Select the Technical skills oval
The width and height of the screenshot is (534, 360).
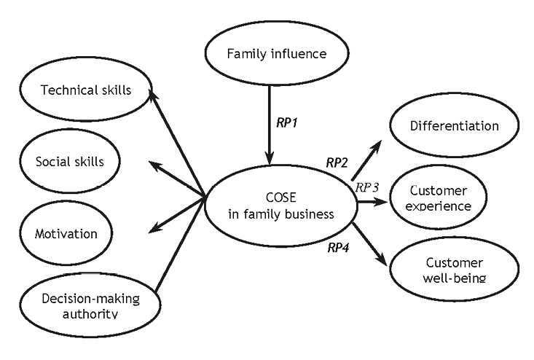click(85, 90)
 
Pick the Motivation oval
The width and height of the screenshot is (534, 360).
click(66, 233)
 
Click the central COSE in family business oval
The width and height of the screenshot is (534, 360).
click(280, 206)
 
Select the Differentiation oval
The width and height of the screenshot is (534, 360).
click(454, 125)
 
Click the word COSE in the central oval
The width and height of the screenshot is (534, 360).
click(280, 197)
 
